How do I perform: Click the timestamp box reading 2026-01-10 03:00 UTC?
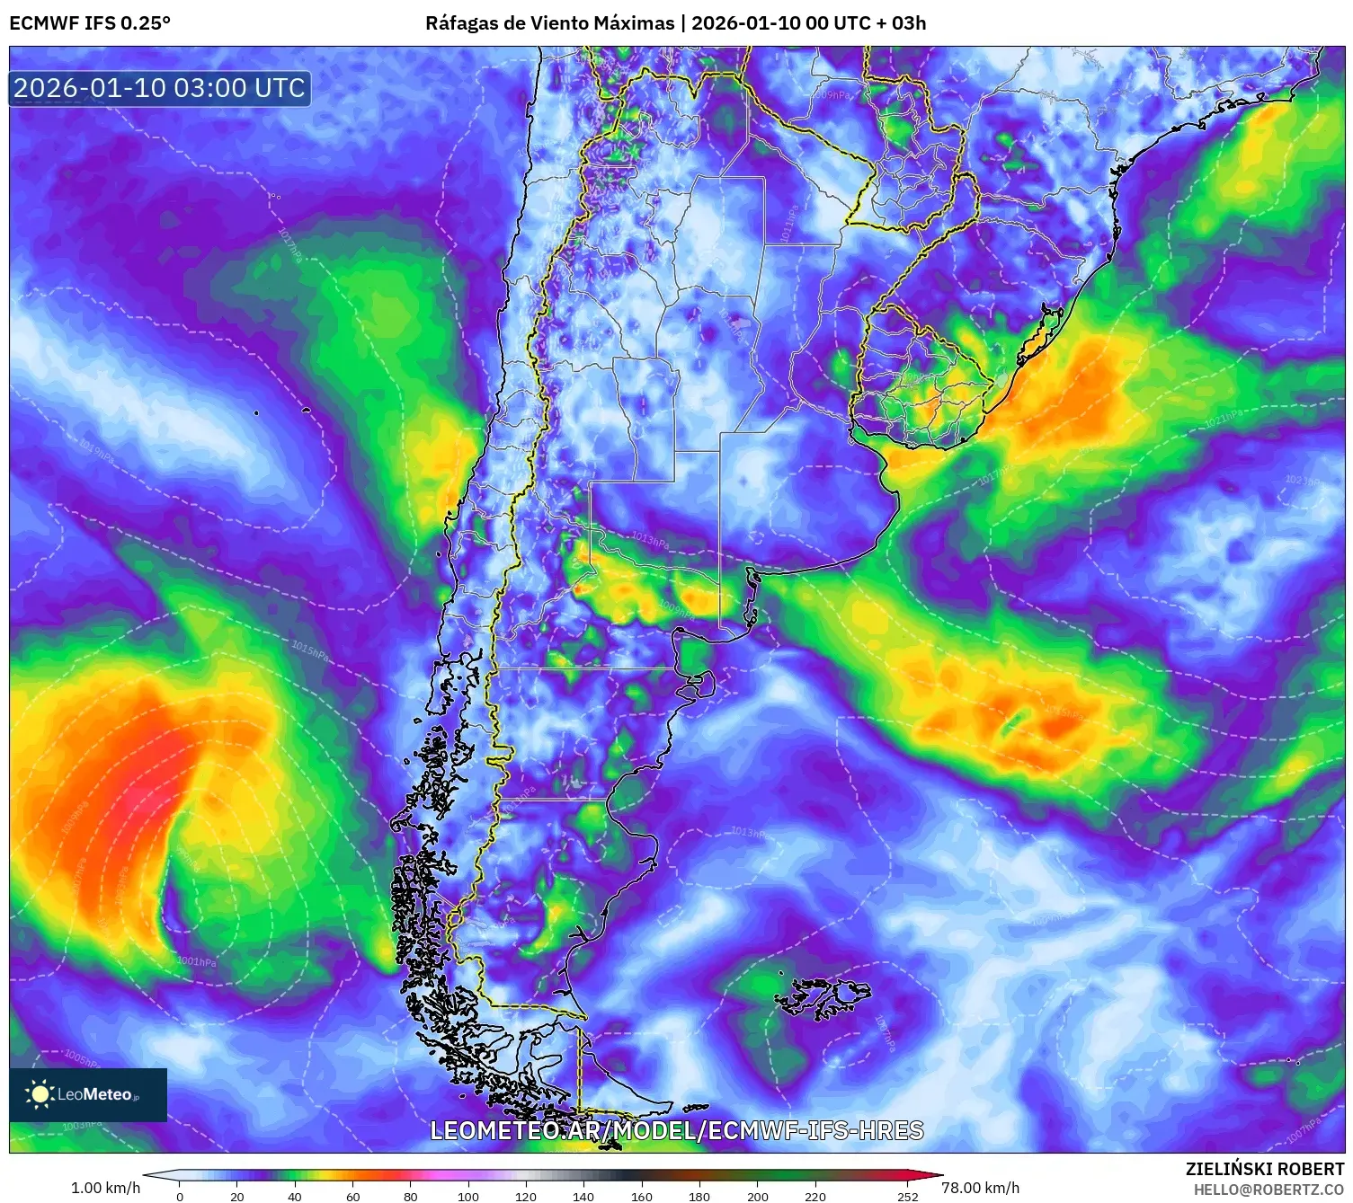pos(159,88)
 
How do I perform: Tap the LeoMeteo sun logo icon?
pos(40,1094)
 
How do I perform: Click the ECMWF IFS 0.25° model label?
pos(89,22)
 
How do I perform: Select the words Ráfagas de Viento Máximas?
pos(549,22)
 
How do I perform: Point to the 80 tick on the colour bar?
pos(411,1196)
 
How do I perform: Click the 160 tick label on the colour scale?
pos(642,1196)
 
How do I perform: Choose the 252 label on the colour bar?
pos(908,1196)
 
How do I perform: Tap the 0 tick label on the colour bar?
pos(180,1196)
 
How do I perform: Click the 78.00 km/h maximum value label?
pos(980,1188)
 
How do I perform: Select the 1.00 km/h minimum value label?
pos(105,1188)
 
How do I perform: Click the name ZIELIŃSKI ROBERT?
pos(1264,1169)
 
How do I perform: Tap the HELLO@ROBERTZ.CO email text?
pos(1268,1190)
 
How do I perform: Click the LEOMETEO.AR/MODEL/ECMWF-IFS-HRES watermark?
pos(676,1130)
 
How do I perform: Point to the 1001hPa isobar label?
pos(197,961)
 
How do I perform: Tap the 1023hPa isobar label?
pos(1301,481)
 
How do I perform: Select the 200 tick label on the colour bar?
pos(758,1196)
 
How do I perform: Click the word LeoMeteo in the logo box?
pos(94,1094)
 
